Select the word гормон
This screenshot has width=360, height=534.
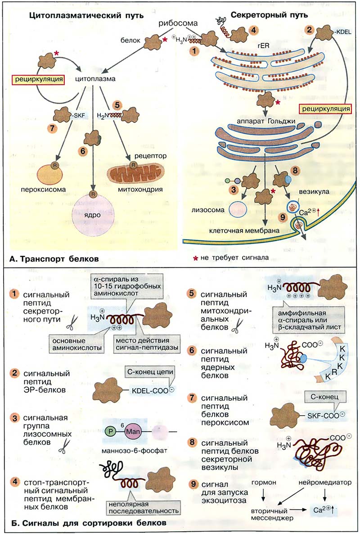[264, 483]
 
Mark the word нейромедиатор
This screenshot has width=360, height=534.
[324, 483]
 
